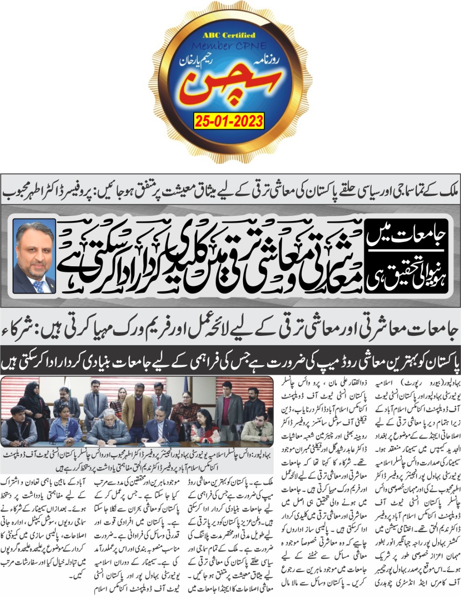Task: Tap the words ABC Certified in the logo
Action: click(x=228, y=35)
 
